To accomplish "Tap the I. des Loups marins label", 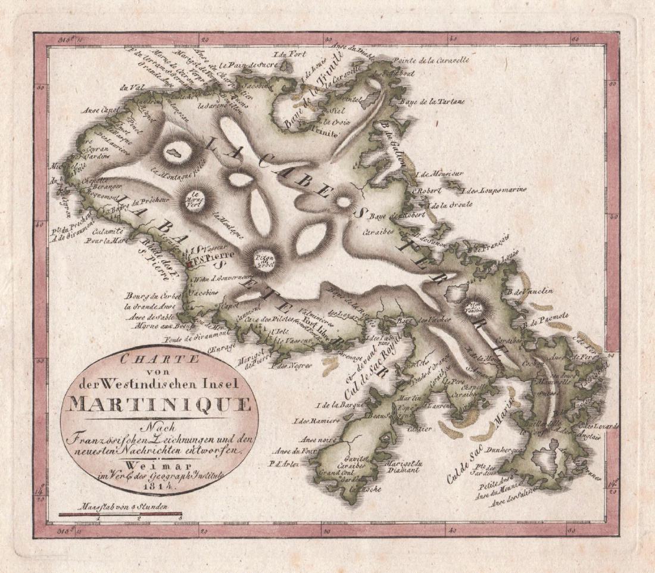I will coord(494,191).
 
